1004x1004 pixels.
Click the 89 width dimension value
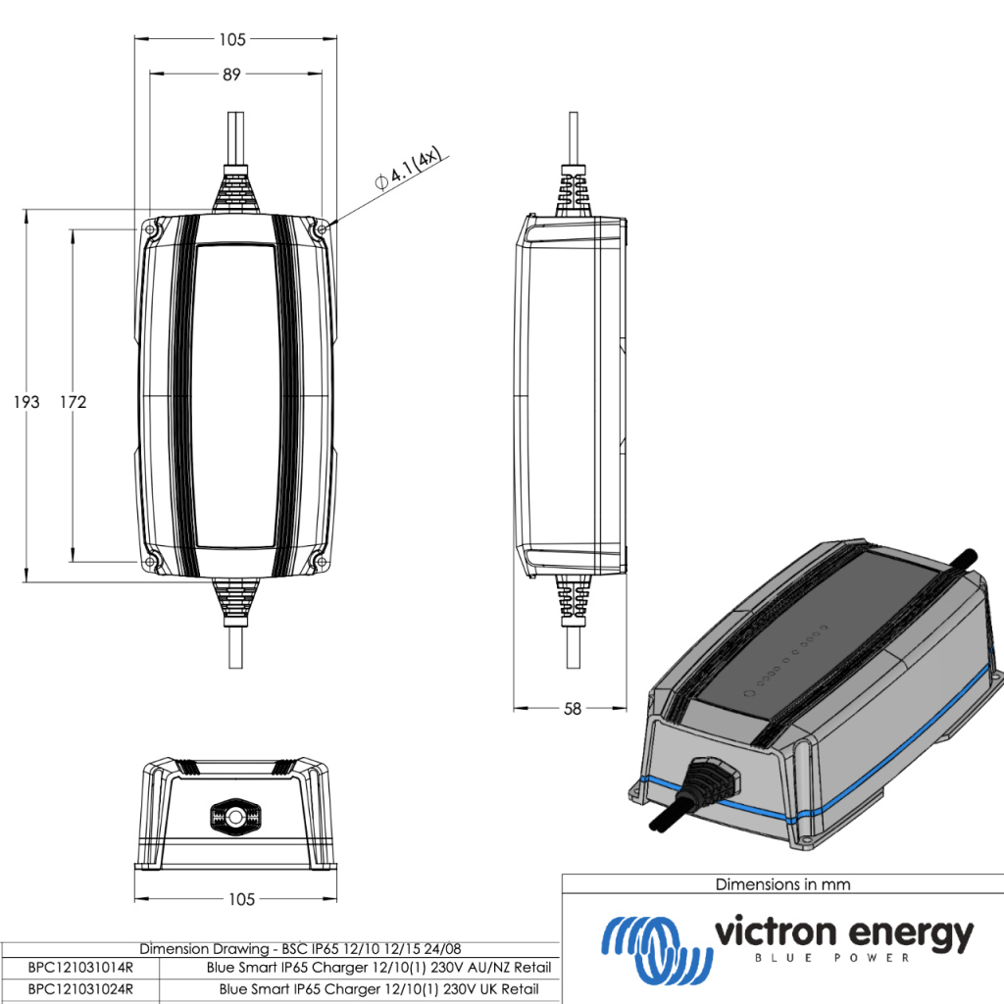click(x=231, y=75)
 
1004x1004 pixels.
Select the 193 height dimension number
click(x=26, y=402)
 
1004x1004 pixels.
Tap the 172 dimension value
click(x=73, y=402)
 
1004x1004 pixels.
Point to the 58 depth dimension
click(x=573, y=708)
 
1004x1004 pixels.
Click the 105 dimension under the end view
click(x=241, y=899)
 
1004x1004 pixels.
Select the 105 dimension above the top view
click(x=231, y=39)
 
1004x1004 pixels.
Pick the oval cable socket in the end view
click(x=235, y=815)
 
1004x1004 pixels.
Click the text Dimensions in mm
click(x=782, y=884)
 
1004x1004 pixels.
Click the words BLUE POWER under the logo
click(x=842, y=958)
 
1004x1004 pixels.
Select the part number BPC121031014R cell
click(x=80, y=968)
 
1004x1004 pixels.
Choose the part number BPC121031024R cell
click(x=80, y=989)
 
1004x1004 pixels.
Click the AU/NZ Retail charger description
click(x=372, y=968)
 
